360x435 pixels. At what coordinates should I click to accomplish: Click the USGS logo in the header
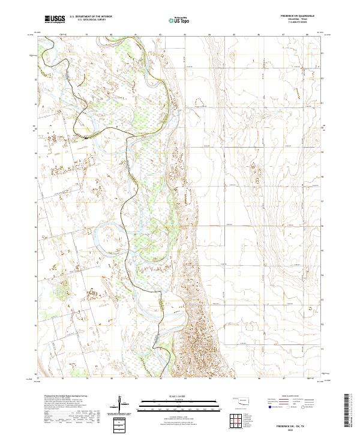pyautogui.click(x=55, y=19)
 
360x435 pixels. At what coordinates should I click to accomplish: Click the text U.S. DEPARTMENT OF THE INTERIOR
pyautogui.click(x=91, y=17)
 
